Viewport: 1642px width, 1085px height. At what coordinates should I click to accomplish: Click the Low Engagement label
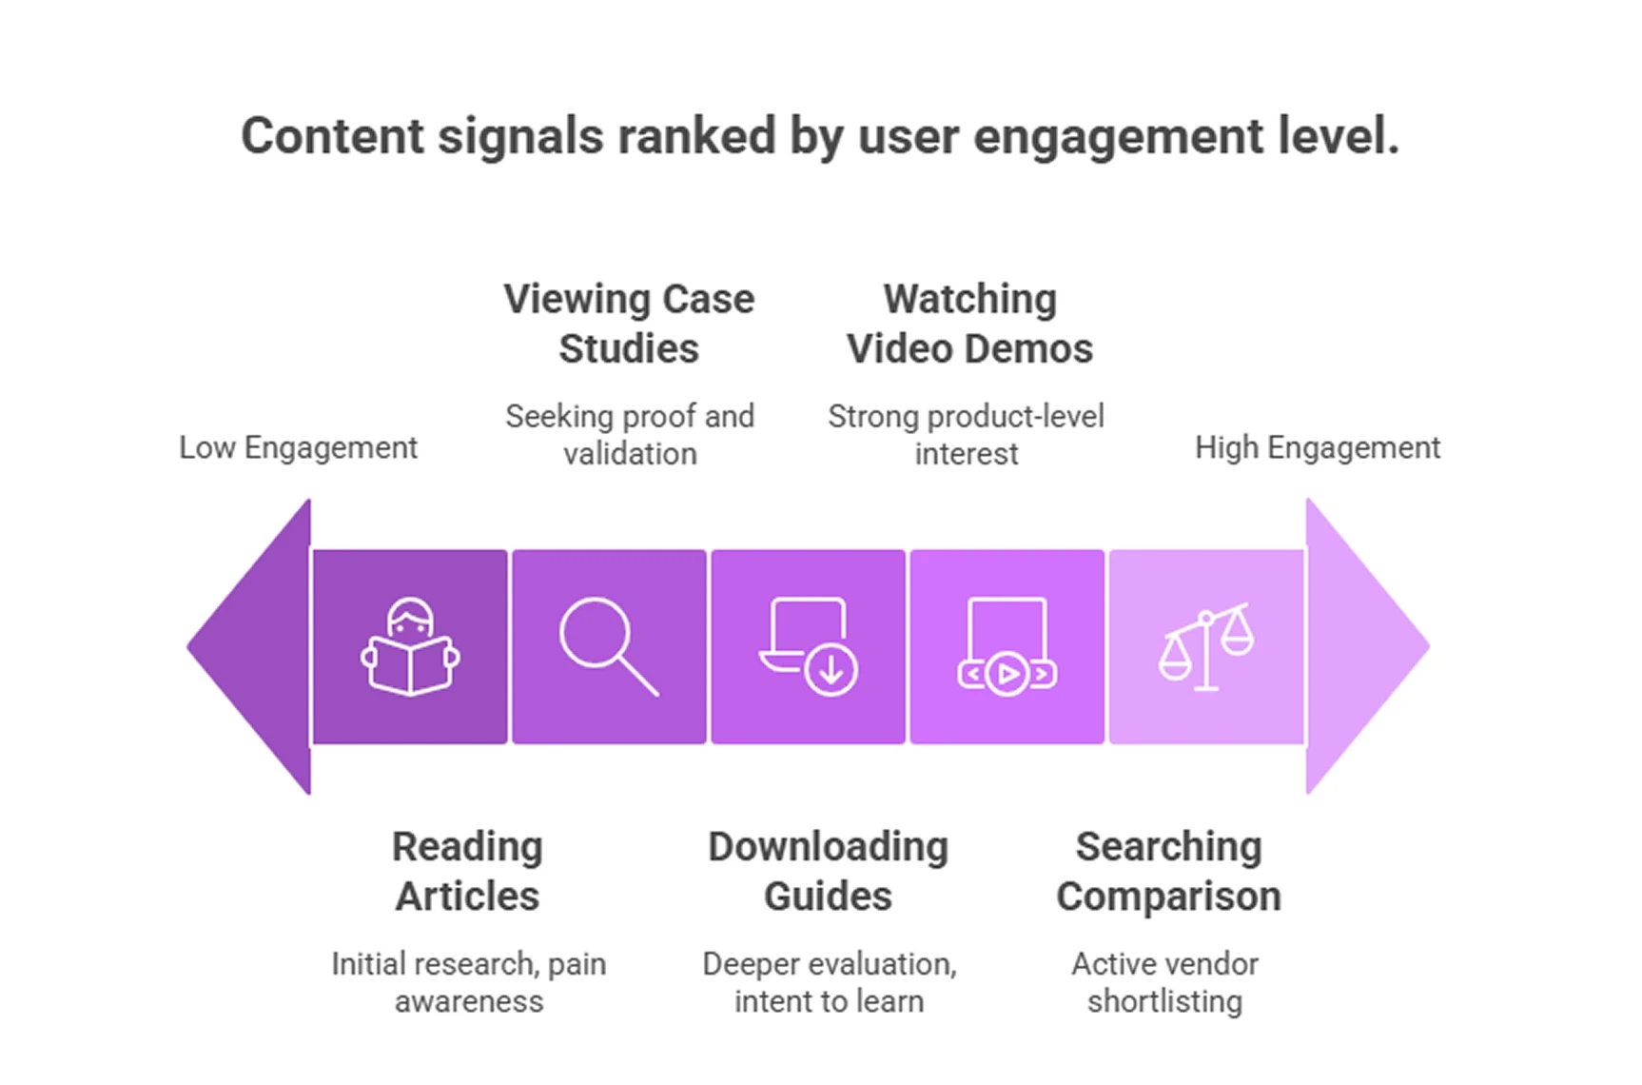click(298, 447)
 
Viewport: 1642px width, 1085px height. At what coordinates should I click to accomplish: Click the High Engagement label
click(1317, 447)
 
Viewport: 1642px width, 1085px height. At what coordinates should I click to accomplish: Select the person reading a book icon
click(410, 646)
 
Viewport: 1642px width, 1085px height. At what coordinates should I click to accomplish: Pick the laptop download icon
click(809, 646)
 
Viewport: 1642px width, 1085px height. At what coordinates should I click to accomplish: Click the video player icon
click(1007, 646)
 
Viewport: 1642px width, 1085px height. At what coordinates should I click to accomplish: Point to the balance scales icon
click(1205, 646)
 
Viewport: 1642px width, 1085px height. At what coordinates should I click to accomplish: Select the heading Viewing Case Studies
click(629, 324)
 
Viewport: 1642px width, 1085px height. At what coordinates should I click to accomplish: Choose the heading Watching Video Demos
click(969, 324)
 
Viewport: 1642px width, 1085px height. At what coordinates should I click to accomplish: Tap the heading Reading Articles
click(467, 871)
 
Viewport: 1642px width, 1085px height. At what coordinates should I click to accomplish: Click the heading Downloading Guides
click(828, 871)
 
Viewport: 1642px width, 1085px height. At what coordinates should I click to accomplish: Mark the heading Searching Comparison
click(1168, 871)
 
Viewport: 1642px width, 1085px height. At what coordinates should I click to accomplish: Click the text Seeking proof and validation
click(629, 435)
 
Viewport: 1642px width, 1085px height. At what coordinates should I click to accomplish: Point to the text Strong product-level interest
click(966, 435)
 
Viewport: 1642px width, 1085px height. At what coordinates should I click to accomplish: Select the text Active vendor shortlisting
click(1164, 982)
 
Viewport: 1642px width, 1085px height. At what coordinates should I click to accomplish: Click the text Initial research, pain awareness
click(468, 982)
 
